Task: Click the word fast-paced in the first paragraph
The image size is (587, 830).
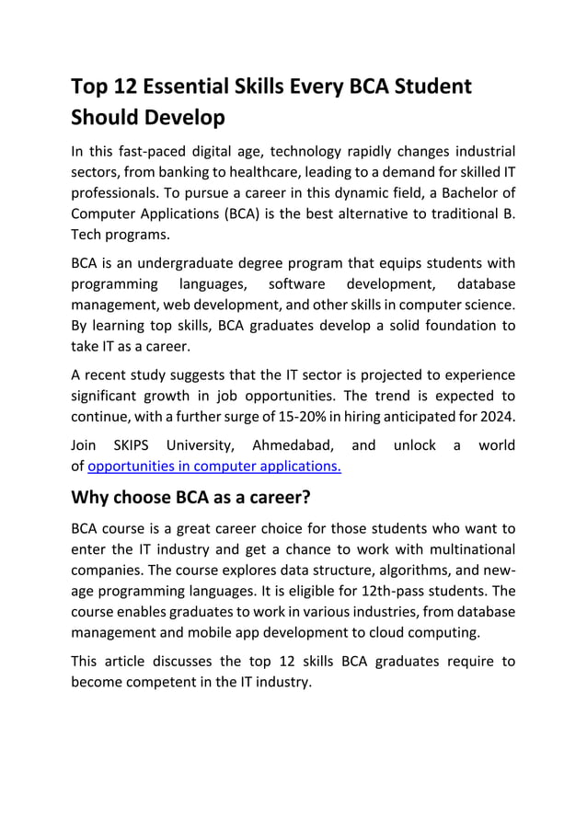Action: pyautogui.click(x=149, y=151)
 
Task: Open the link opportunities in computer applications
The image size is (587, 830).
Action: pyautogui.click(x=214, y=466)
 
